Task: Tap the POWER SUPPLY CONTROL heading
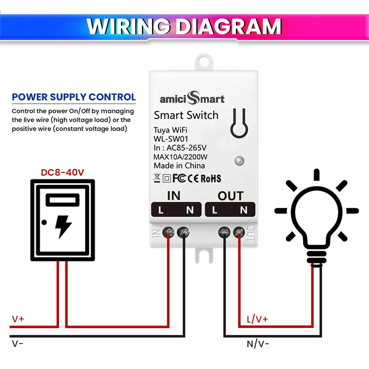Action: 74,97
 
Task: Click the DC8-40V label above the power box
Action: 63,172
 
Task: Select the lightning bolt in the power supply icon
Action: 63,226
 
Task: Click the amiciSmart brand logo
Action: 192,98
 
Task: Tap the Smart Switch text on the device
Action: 186,115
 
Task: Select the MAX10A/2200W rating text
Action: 181,157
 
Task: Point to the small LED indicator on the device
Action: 239,161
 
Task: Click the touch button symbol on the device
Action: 240,123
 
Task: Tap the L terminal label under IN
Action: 161,210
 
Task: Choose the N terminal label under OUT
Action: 244,210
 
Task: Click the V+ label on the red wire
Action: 18,319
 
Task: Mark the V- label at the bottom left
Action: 18,344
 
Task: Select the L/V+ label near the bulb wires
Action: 257,319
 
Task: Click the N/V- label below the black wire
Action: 258,344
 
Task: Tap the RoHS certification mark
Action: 211,178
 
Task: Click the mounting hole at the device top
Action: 204,61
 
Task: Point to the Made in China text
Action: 179,166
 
